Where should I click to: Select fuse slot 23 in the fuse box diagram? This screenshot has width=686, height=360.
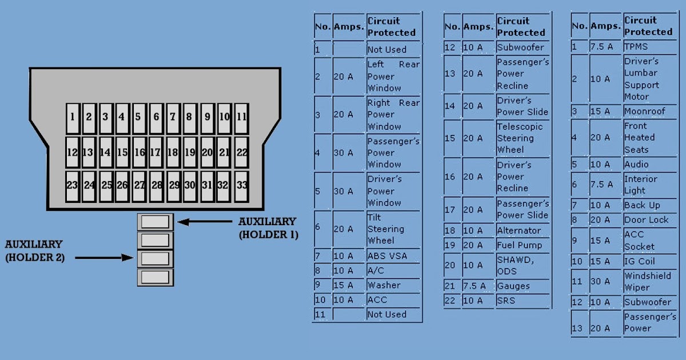(x=72, y=186)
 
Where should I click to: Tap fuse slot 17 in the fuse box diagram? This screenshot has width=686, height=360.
(x=155, y=153)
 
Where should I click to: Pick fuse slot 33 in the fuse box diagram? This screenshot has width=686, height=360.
(x=241, y=186)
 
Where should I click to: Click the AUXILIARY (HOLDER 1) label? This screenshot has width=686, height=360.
(x=268, y=227)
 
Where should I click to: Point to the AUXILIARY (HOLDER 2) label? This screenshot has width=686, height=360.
(x=35, y=251)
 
